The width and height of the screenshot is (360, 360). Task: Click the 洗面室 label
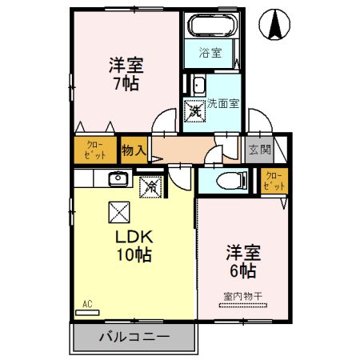click(224, 104)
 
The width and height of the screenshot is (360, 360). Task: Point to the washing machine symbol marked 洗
click(195, 110)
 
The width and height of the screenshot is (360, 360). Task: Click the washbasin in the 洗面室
click(198, 86)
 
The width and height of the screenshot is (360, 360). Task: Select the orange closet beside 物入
click(94, 150)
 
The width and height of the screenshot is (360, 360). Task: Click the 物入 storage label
click(134, 150)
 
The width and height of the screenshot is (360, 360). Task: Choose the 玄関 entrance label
click(259, 150)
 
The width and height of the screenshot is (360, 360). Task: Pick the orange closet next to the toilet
click(273, 181)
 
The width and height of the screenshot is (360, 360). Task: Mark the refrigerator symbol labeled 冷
click(150, 187)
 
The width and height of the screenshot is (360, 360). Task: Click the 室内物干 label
click(242, 296)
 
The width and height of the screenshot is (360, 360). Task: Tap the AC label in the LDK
click(87, 304)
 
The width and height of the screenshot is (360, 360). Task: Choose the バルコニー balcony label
click(134, 337)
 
